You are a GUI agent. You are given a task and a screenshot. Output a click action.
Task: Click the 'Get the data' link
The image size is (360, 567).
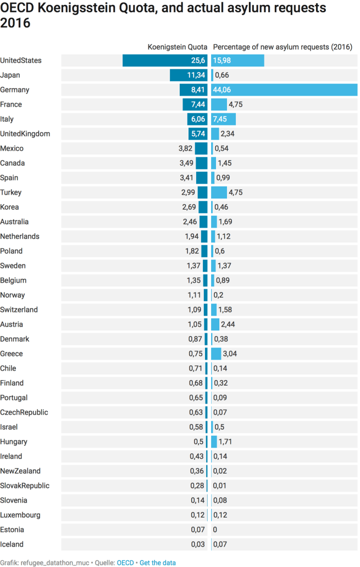pyautogui.click(x=158, y=563)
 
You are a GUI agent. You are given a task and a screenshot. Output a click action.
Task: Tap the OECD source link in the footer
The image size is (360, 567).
pyautogui.click(x=125, y=563)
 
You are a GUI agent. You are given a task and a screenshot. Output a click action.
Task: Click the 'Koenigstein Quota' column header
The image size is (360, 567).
pyautogui.click(x=178, y=47)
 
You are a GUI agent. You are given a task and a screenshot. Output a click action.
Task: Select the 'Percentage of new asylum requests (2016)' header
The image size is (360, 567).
pyautogui.click(x=283, y=47)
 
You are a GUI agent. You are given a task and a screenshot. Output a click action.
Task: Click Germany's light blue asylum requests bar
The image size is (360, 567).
pyautogui.click(x=284, y=90)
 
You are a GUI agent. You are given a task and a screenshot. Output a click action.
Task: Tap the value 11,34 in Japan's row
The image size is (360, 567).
pyautogui.click(x=196, y=75)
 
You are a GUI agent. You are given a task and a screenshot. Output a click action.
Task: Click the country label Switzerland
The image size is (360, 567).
pyautogui.click(x=19, y=310)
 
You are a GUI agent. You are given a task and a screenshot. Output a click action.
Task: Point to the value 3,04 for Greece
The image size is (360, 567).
pyautogui.click(x=230, y=354)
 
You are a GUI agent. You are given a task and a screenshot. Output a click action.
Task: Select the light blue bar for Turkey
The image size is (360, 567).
pyautogui.click(x=219, y=192)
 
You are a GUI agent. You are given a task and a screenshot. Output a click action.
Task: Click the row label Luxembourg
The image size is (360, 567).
pyautogui.click(x=20, y=515)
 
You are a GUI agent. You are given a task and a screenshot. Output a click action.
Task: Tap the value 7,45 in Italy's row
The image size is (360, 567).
pyautogui.click(x=220, y=119)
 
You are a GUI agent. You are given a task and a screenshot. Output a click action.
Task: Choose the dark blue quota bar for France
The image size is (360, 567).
pyautogui.click(x=195, y=104)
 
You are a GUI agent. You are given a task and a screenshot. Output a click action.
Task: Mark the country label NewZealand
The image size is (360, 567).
pyautogui.click(x=20, y=471)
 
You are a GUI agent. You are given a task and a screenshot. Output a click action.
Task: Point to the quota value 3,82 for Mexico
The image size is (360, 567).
pyautogui.click(x=186, y=148)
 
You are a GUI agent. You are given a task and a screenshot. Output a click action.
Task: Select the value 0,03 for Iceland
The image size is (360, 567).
pyautogui.click(x=197, y=544)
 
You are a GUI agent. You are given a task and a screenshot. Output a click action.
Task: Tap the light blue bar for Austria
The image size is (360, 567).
pyautogui.click(x=215, y=324)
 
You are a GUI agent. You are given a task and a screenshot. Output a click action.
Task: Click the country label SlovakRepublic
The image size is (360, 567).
pyautogui.click(x=25, y=486)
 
